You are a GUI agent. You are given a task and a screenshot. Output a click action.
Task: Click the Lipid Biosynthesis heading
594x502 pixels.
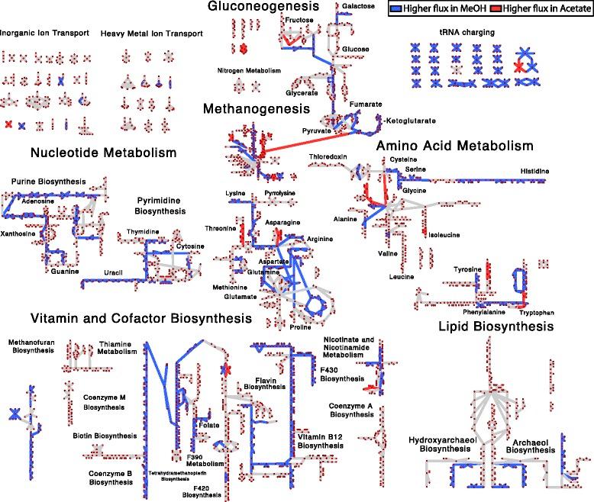(496, 327)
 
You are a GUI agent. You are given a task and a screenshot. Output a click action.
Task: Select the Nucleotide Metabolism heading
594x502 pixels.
(103, 153)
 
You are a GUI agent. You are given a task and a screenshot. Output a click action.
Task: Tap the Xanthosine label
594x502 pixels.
(18, 233)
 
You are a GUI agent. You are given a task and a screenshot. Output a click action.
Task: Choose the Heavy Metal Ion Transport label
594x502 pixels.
(162, 34)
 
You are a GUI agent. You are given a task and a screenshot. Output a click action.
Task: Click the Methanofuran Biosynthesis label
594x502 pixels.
(29, 348)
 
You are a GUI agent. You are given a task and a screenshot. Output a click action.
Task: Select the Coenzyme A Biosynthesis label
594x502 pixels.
(351, 410)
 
